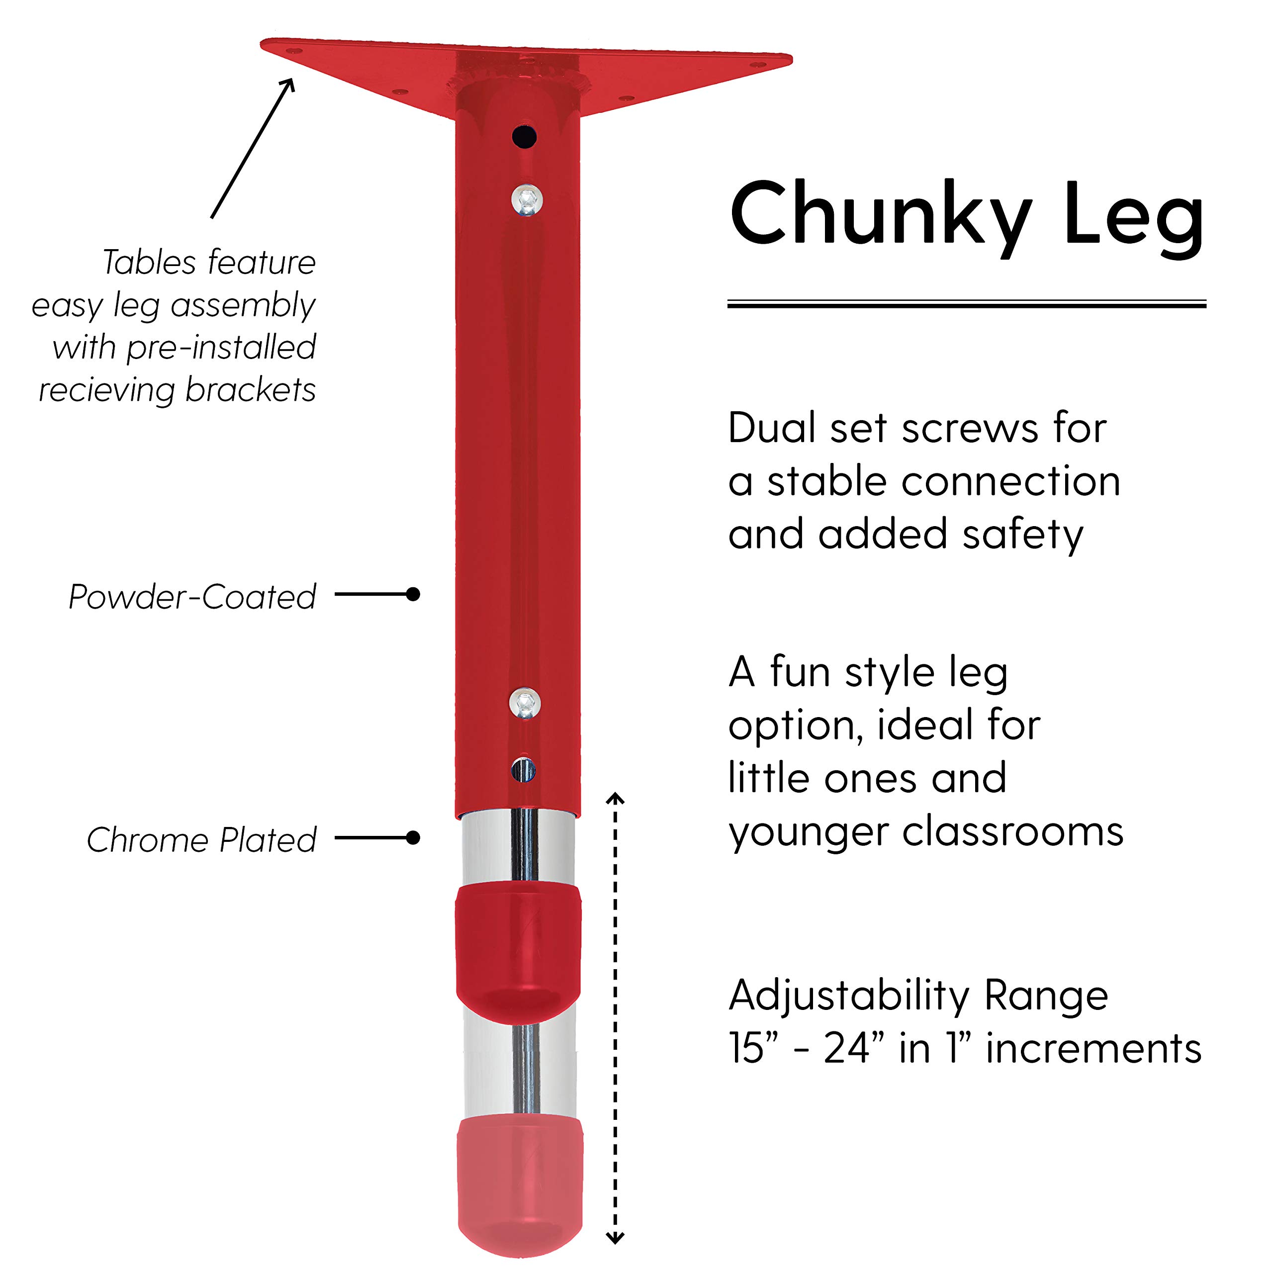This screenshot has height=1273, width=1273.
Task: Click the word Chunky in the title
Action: (880, 214)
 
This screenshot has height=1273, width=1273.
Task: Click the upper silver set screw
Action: (527, 199)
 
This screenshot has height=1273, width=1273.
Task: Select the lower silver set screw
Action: (525, 703)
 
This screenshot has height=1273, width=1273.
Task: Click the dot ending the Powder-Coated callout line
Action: (413, 594)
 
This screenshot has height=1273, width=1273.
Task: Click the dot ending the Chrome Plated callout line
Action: (413, 837)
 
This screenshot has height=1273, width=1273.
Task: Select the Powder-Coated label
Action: (192, 597)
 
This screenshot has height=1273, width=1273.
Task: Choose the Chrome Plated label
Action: (201, 840)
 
